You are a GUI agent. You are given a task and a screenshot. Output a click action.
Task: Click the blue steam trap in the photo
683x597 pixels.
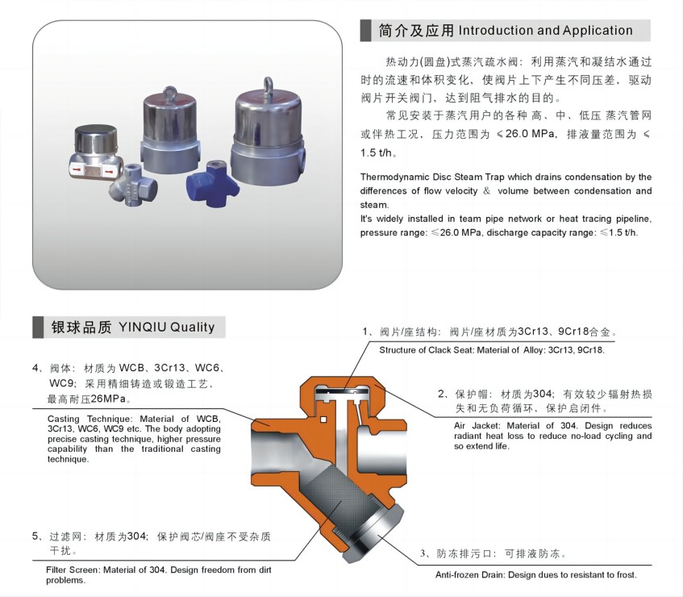[213, 184]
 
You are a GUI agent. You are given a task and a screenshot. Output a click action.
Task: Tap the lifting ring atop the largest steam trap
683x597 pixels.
[268, 85]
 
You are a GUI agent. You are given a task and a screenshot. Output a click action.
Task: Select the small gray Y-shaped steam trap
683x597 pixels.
[132, 185]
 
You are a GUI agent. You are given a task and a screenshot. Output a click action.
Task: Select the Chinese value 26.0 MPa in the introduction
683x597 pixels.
[530, 134]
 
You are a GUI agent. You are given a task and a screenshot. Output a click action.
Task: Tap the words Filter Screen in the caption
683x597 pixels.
[73, 570]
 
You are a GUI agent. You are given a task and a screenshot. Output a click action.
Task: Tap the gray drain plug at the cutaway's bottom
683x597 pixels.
[373, 535]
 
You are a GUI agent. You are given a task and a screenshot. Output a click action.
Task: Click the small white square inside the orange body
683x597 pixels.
[323, 420]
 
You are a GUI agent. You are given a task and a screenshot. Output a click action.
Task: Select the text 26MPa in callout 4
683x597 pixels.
[107, 399]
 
